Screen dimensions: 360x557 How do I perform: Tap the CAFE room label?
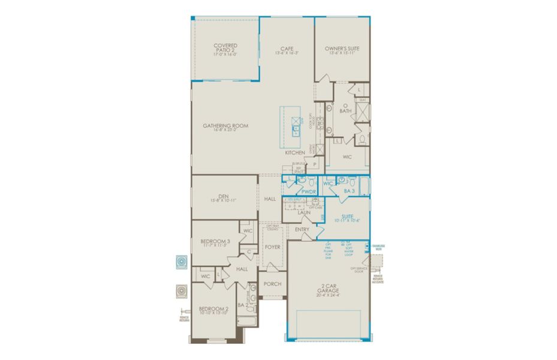pos(287,49)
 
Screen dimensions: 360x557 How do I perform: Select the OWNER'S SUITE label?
pos(341,49)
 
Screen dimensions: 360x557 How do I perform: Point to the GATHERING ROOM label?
pos(225,126)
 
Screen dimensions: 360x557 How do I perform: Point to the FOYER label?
pos(273,247)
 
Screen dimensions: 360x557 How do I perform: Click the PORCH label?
pos(273,284)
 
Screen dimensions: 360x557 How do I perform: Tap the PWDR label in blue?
pos(309,192)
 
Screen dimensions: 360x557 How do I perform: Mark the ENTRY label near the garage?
pos(302,229)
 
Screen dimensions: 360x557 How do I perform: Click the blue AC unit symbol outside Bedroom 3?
pos(181,262)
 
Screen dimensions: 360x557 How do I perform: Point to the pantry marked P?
pos(314,164)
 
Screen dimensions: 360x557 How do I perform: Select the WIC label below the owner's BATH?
pos(347,157)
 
